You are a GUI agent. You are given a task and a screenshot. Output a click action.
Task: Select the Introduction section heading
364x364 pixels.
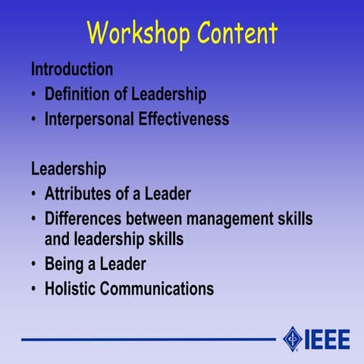tap(72, 69)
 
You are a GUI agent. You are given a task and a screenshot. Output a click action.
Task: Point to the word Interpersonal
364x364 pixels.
tap(93, 120)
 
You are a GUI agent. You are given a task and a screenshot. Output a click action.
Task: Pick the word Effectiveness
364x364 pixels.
tap(187, 120)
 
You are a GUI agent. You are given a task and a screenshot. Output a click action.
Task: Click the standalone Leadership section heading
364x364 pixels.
tap(68, 168)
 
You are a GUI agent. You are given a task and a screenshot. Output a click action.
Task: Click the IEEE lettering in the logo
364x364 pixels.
tap(328, 337)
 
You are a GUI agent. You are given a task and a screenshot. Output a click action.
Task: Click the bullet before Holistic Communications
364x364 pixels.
tap(34, 289)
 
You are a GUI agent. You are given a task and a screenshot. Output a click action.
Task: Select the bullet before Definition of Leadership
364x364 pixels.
tap(34, 96)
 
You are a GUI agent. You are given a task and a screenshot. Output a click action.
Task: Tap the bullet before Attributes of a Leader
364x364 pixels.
tap(34, 193)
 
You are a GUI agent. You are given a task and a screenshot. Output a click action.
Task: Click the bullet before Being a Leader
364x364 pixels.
tap(34, 265)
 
